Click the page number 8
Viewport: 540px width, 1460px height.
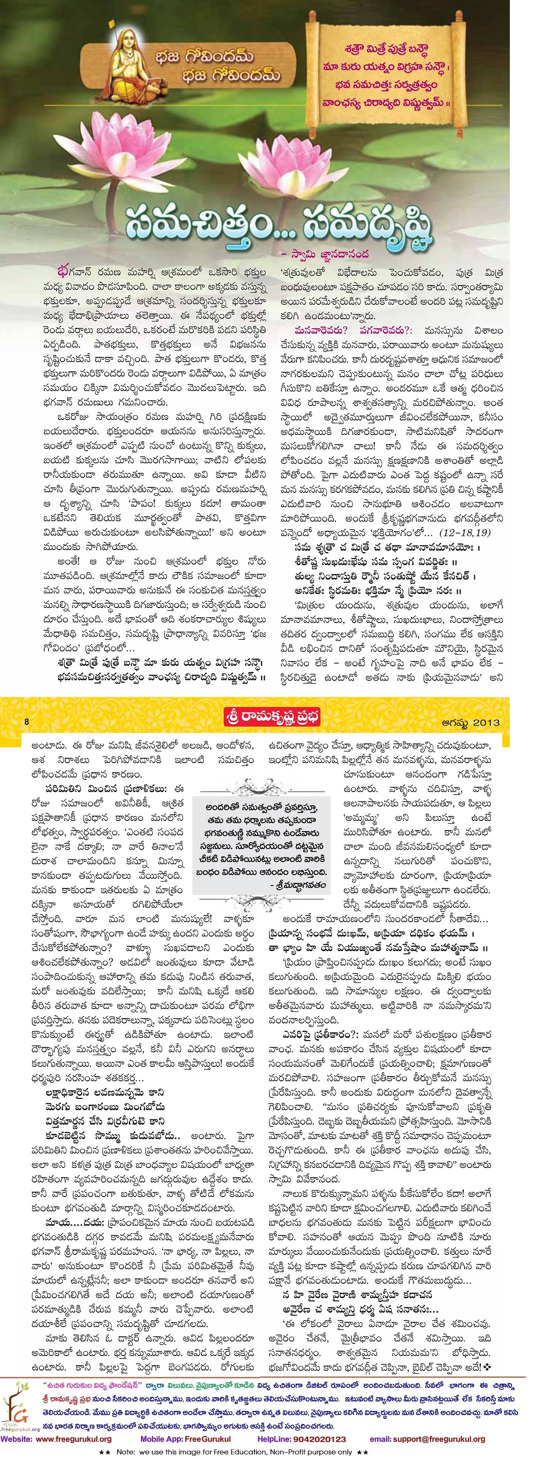pyautogui.click(x=27, y=722)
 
